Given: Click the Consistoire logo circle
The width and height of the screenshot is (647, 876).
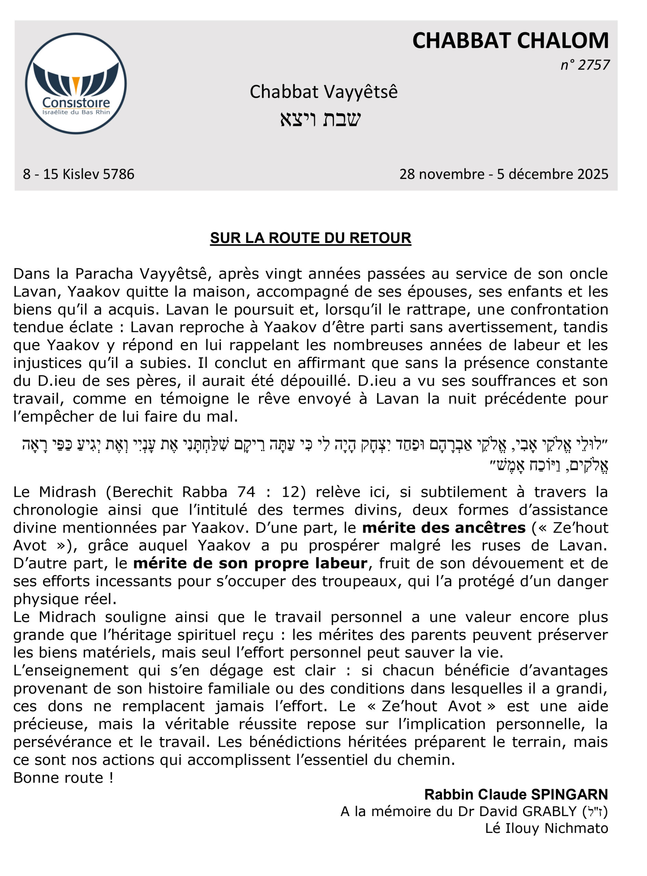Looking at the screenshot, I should pos(76,83).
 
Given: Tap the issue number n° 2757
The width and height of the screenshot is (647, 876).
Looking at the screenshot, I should pos(585,65).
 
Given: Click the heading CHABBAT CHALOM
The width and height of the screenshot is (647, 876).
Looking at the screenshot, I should pos(510,41).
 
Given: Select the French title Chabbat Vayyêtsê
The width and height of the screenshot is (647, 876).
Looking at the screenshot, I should pos(324,92).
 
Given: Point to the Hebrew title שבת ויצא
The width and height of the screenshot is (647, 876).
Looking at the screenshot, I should pos(320,119).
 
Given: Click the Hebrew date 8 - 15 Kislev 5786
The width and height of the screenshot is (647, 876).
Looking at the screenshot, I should pos(79,174).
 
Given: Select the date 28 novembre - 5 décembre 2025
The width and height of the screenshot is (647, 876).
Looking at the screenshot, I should pos(504,174).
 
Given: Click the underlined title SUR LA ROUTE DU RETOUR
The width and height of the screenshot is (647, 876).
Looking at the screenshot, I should pos(311,238).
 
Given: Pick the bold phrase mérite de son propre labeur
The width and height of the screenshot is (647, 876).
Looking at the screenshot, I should pos(250,564).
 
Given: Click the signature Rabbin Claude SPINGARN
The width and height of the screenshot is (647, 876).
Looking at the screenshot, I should pos(516,795).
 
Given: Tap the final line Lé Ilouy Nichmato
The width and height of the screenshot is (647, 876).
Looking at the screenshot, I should pos(546,828).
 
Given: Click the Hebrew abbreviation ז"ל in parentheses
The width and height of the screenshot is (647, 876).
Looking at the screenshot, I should pos(595,812).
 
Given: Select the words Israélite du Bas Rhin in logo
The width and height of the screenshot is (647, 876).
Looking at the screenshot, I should pos(76,112).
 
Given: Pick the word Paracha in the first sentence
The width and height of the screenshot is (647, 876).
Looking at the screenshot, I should pos(105,274).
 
